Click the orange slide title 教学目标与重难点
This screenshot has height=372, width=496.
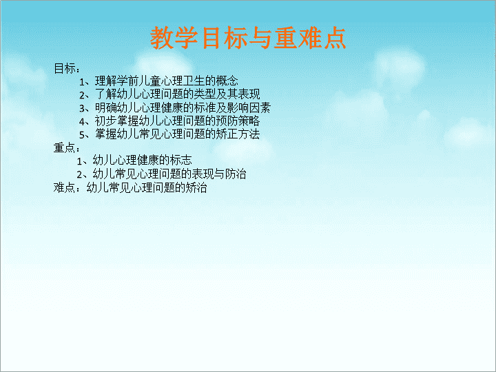(x=248, y=38)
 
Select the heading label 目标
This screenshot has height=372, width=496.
(x=65, y=68)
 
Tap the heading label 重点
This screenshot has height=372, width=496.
(x=64, y=147)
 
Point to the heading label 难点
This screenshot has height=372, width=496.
(x=64, y=187)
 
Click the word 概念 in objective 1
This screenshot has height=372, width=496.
(x=227, y=81)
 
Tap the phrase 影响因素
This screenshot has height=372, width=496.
(x=249, y=108)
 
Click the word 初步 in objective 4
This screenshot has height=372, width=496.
(x=105, y=121)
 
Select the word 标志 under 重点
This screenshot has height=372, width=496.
(x=181, y=160)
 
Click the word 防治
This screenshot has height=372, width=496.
(x=236, y=174)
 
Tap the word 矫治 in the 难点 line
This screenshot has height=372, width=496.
(x=196, y=187)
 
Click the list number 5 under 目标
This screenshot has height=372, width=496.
(x=82, y=136)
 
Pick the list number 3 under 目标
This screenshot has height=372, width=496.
(x=82, y=109)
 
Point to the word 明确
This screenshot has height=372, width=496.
(x=105, y=108)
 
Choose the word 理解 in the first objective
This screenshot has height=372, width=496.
(x=105, y=81)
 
